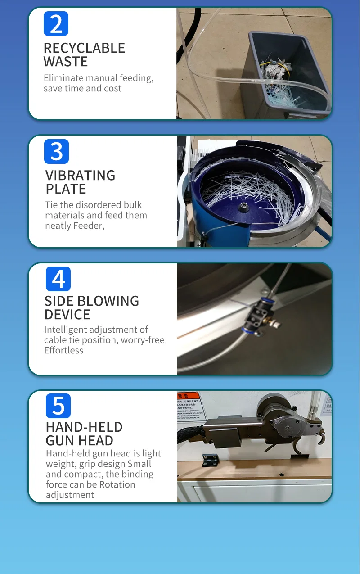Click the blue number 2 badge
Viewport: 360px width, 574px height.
click(x=56, y=24)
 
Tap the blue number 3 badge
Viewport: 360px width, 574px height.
click(x=56, y=151)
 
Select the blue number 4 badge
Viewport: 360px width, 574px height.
click(x=58, y=279)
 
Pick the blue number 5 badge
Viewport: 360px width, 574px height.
click(x=58, y=406)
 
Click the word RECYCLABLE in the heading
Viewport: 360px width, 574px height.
click(x=84, y=48)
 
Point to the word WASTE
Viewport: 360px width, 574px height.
click(x=65, y=62)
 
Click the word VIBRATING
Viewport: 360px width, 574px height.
click(x=81, y=176)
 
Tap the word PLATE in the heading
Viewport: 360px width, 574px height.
click(x=66, y=189)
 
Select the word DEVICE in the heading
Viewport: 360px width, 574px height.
click(x=67, y=315)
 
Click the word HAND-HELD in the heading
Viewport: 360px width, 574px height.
click(x=84, y=427)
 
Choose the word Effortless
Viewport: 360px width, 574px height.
click(x=63, y=350)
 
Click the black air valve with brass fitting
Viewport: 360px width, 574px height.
click(x=260, y=316)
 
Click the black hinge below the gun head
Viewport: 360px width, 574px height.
click(x=210, y=460)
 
